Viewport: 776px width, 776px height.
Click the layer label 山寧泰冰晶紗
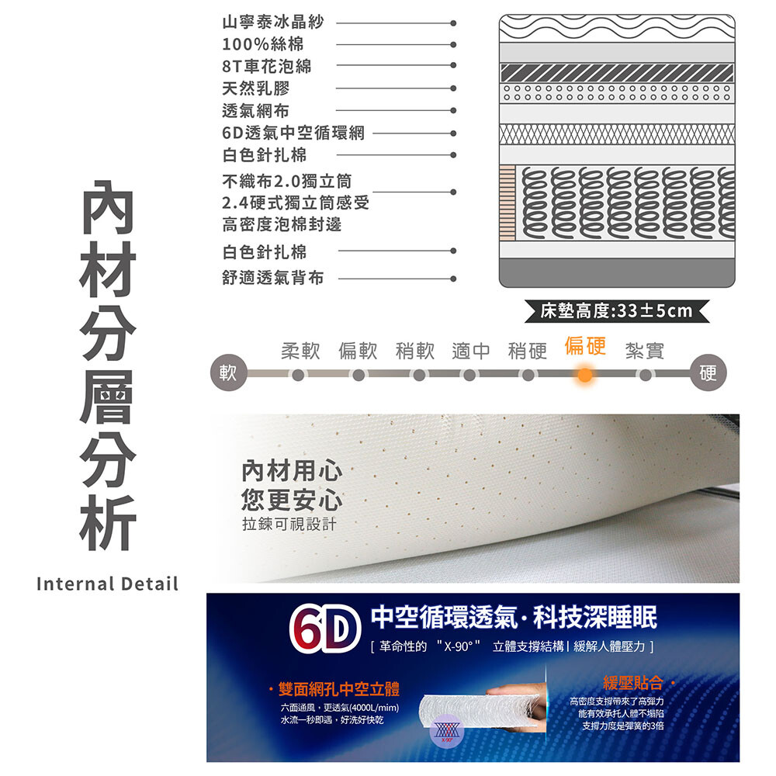point(272,23)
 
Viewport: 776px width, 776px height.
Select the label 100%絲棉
point(263,44)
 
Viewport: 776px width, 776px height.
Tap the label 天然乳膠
point(256,88)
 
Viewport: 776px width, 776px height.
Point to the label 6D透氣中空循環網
point(293,133)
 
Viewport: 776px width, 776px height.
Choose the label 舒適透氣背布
point(272,278)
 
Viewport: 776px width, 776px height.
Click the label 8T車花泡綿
point(267,66)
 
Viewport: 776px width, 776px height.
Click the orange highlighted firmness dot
point(584,375)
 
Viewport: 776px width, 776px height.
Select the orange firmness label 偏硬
point(585,345)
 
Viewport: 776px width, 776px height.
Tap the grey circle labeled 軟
point(228,372)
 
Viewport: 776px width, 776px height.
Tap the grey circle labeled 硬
point(708,372)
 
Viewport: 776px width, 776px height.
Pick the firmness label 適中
point(471,351)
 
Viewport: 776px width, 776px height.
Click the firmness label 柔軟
point(300,351)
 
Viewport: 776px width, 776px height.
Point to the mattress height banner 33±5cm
point(617,311)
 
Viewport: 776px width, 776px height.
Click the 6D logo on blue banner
point(324,629)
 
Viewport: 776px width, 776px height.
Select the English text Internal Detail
point(107,584)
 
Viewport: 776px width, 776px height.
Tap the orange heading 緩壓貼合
point(633,683)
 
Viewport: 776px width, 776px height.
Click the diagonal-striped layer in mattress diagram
point(617,73)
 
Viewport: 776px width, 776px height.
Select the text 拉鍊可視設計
point(289,524)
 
